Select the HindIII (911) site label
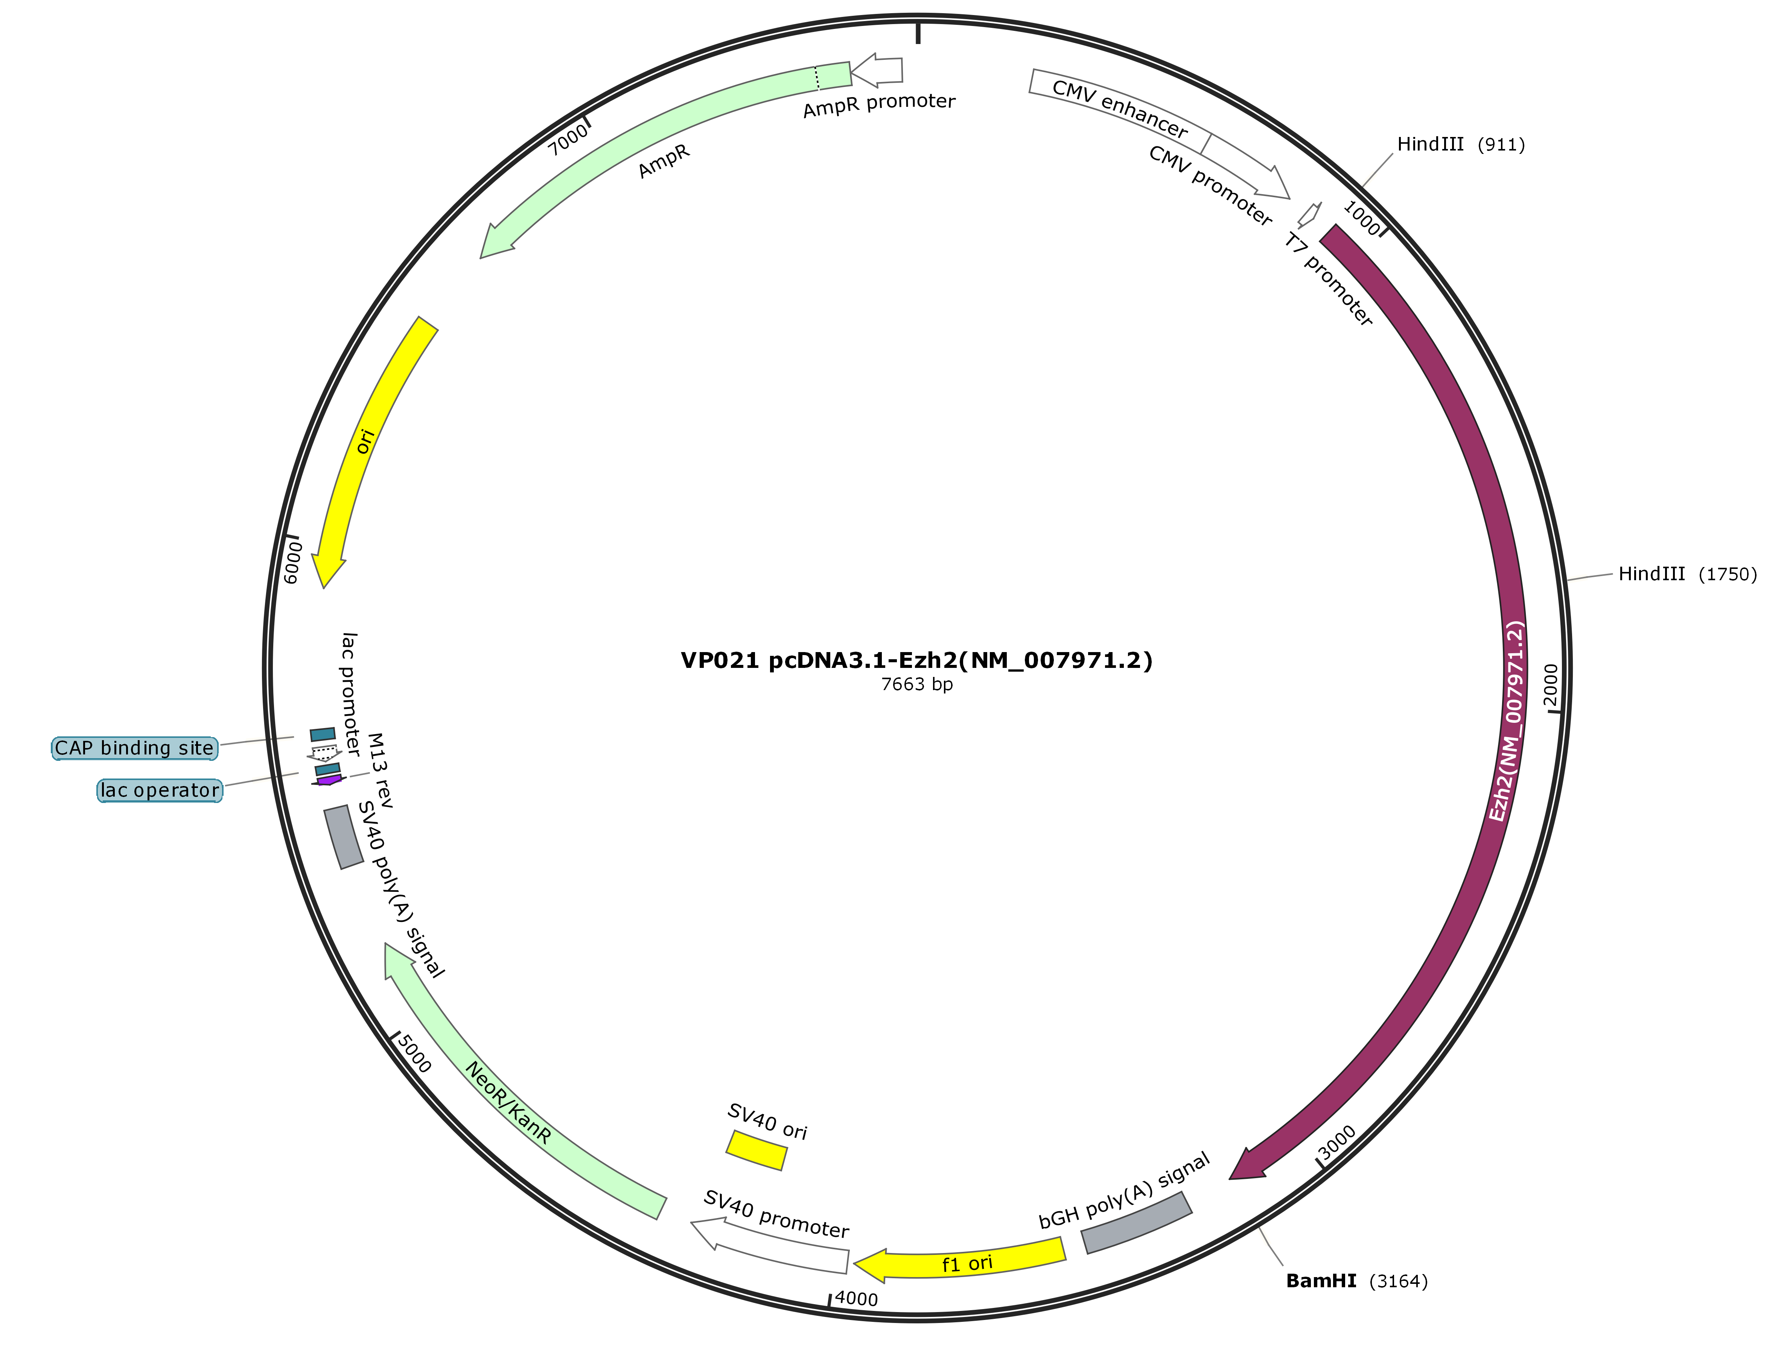pyautogui.click(x=1461, y=144)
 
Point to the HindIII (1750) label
pyautogui.click(x=1687, y=574)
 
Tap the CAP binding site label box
pyautogui.click(x=135, y=748)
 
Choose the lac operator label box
pyautogui.click(x=159, y=790)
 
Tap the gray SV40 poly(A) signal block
pyautogui.click(x=343, y=837)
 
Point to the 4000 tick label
pyautogui.click(x=856, y=1299)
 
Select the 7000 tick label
pyautogui.click(x=568, y=140)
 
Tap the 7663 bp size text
pyautogui.click(x=918, y=684)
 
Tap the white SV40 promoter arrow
pyautogui.click(x=769, y=1244)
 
